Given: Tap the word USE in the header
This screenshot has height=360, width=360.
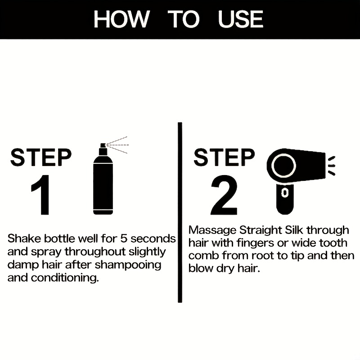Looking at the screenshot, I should pos(240,19).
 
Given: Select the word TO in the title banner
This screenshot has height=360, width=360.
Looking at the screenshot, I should pos(183,19).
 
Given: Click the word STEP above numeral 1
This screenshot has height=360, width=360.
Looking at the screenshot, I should pos(41,157).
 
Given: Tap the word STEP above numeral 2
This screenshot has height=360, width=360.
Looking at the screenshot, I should pos(224,157).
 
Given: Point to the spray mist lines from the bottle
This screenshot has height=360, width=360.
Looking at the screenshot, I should pos(118,144).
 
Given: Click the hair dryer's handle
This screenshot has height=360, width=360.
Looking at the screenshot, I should pos(285,195).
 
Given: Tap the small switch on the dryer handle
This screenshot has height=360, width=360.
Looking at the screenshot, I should pos(284,193).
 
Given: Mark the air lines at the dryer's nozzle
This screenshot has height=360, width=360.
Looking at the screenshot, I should pos(332,165).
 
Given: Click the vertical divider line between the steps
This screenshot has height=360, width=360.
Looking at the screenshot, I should pos(180,211).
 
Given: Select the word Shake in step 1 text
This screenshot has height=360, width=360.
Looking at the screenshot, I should pos(21,238).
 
